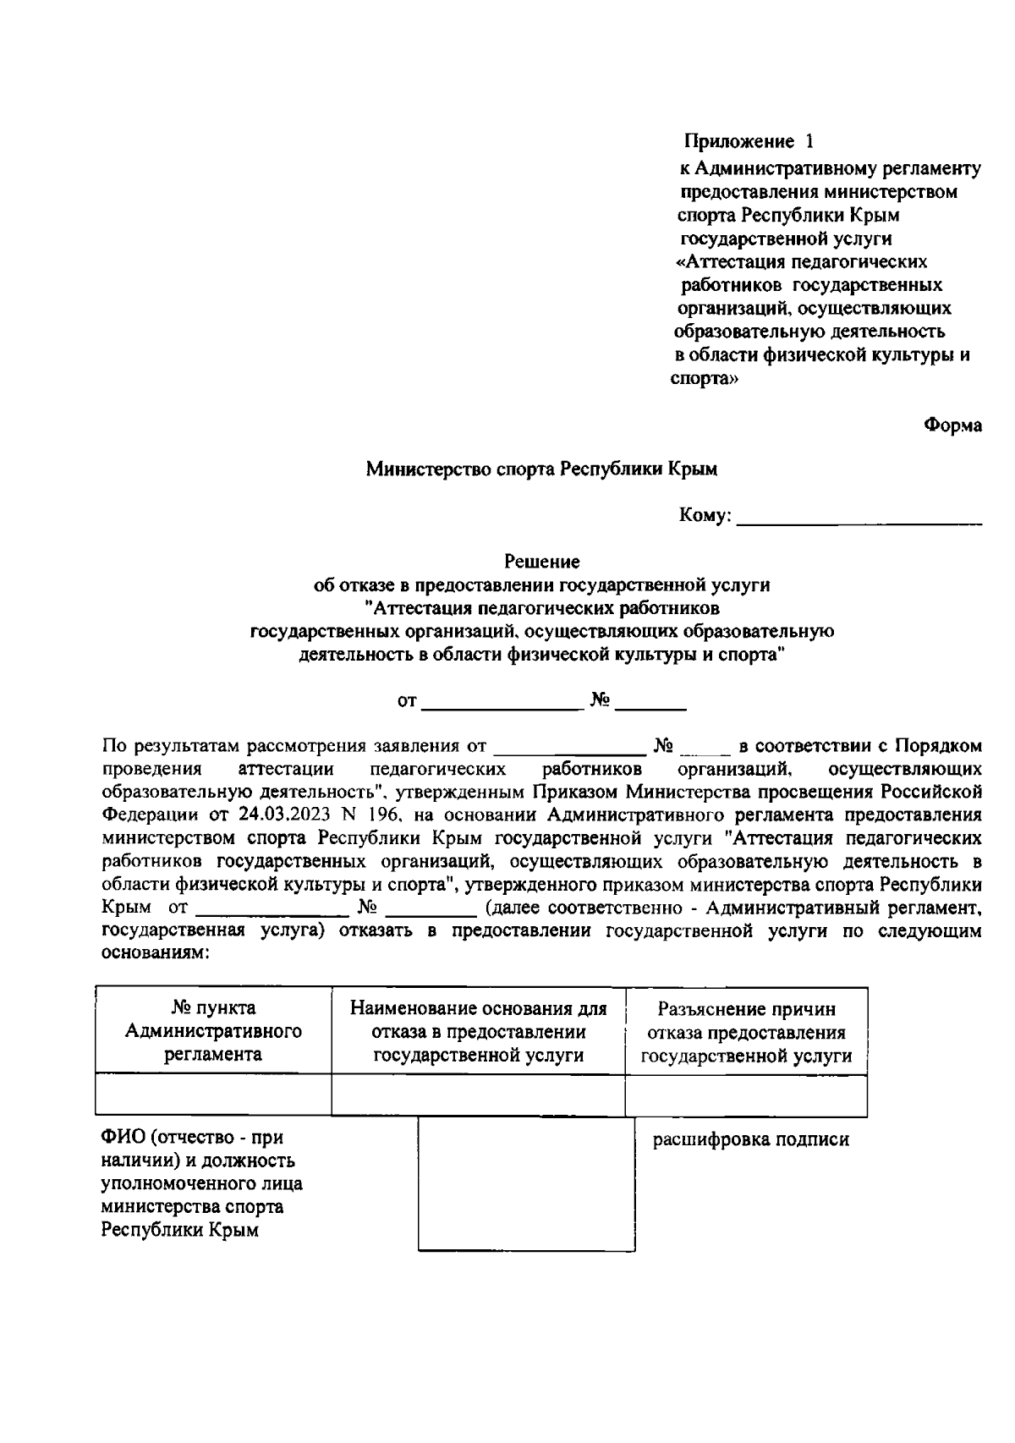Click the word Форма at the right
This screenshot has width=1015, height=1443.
[952, 425]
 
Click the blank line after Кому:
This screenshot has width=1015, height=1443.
[859, 518]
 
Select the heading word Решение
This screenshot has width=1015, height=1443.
[541, 562]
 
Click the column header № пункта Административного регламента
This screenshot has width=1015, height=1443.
[213, 1031]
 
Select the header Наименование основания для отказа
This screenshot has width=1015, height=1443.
[478, 1031]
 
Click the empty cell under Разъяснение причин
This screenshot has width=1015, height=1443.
[746, 1095]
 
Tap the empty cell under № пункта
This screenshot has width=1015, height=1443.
[213, 1095]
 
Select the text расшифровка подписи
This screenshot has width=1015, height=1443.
[750, 1140]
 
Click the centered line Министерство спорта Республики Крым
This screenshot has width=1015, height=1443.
[541, 469]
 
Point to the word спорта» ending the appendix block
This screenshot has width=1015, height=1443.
[705, 379]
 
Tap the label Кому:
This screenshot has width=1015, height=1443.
[705, 516]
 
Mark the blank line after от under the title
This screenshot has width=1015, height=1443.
[502, 702]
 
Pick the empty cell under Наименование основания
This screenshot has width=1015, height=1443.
[478, 1095]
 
